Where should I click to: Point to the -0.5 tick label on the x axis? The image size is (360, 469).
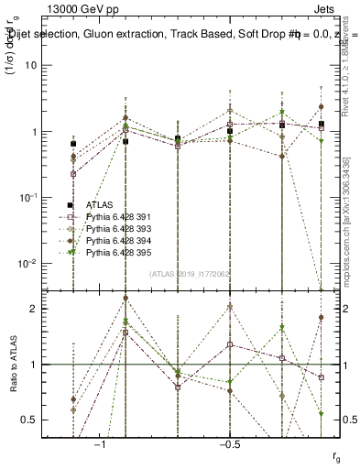(228, 444)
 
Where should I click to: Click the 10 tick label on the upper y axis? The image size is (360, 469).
(30, 66)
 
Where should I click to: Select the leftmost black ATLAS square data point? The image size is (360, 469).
(73, 144)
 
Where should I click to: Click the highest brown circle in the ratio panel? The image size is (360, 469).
(125, 298)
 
